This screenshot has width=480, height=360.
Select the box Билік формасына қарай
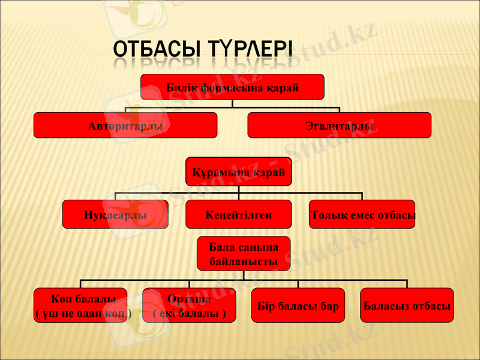[x=232, y=87]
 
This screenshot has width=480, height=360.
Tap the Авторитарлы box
[x=125, y=125]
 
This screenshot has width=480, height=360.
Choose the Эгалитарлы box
[x=339, y=125]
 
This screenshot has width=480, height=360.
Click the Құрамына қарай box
[x=238, y=172]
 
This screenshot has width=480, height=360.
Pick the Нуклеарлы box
[x=115, y=214]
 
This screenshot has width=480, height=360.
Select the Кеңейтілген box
[x=238, y=214]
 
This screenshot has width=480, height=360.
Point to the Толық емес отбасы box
[x=362, y=214]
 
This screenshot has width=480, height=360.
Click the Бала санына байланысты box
[x=243, y=254]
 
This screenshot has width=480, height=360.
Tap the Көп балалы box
[x=80, y=305]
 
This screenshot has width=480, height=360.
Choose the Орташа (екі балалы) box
[x=190, y=305]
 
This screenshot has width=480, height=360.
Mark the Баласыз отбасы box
[x=407, y=305]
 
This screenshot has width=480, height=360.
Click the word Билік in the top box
[x=181, y=88]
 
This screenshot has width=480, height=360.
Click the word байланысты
[x=243, y=262]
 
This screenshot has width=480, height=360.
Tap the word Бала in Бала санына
[x=221, y=247]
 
